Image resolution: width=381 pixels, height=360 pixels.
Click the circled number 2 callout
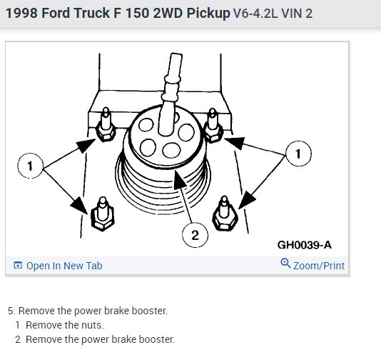tap(195, 235)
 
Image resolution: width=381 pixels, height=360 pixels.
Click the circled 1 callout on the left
tap(31, 166)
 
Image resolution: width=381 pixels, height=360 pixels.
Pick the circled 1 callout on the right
tap(298, 154)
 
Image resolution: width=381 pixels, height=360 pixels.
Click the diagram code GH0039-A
tap(305, 245)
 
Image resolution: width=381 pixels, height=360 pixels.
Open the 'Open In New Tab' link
tap(64, 266)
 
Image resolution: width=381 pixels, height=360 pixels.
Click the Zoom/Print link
tap(319, 266)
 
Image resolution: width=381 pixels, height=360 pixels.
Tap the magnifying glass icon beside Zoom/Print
tap(285, 263)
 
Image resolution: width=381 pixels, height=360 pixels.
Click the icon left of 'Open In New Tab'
tap(18, 265)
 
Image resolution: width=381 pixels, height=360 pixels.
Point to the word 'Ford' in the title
tap(56, 13)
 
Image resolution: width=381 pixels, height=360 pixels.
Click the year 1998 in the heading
tap(21, 13)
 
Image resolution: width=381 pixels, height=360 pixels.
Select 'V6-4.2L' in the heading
tap(255, 14)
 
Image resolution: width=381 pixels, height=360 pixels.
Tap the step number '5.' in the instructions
tap(11, 311)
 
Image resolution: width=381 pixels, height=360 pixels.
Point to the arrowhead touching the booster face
tap(179, 179)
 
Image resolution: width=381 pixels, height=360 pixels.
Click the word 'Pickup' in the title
tap(208, 14)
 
